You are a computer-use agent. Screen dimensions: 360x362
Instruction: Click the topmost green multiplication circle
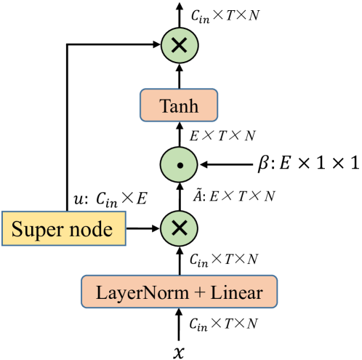tap(179, 46)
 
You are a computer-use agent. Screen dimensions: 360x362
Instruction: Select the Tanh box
tap(179, 106)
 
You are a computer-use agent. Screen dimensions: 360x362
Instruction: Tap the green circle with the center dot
tap(179, 166)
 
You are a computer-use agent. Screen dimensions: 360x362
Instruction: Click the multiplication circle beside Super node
tap(179, 228)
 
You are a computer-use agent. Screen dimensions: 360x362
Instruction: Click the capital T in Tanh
tap(163, 106)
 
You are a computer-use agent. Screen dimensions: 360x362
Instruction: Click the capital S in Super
tap(16, 230)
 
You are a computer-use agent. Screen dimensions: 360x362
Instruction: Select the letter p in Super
tap(36, 232)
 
